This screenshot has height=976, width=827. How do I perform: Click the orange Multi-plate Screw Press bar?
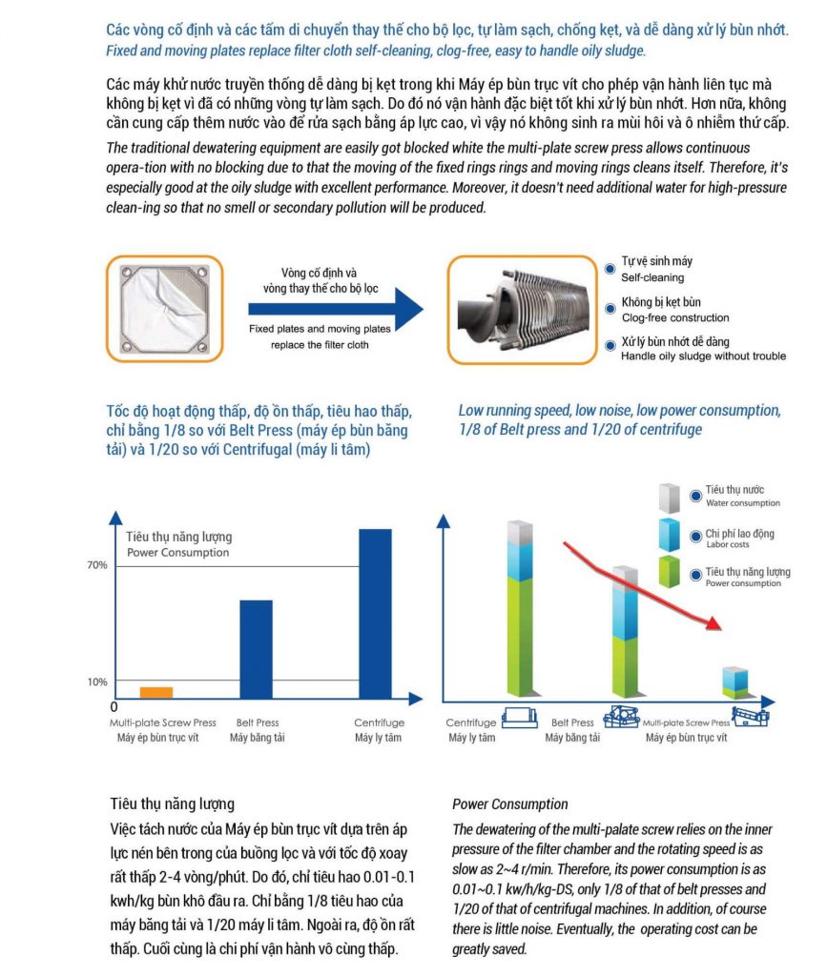[x=156, y=692]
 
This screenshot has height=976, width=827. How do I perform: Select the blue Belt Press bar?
[x=256, y=649]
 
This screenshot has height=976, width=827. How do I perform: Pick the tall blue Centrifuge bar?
[x=374, y=614]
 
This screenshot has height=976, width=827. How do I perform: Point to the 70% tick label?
[x=97, y=565]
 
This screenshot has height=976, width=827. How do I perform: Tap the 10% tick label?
[x=97, y=681]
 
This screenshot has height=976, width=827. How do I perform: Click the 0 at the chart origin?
[x=114, y=707]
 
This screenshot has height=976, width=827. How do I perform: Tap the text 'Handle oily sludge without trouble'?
[x=703, y=356]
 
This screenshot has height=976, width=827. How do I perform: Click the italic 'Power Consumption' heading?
[x=509, y=804]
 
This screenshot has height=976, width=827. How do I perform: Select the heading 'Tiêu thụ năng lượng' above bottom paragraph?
[x=172, y=803]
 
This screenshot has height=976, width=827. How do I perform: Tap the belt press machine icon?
[x=619, y=714]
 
